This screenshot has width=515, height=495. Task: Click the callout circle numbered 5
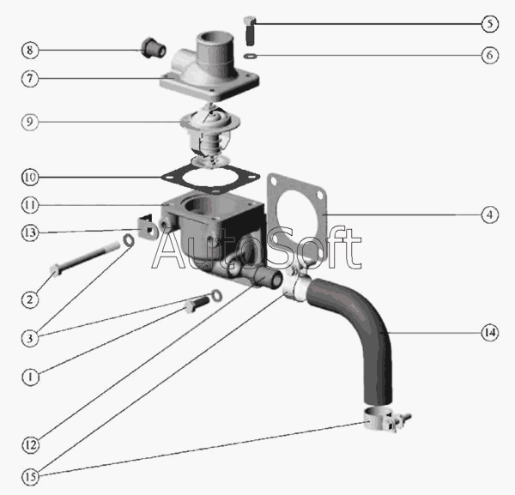tap(488, 22)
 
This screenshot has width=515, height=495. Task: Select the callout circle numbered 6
tap(488, 56)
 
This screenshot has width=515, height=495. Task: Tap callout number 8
tap(30, 50)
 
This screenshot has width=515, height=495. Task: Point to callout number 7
tap(30, 78)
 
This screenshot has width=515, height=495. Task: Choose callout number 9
tap(30, 123)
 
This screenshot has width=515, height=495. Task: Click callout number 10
tap(30, 178)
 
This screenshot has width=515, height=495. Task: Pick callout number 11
tap(30, 205)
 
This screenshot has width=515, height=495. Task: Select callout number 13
tap(30, 232)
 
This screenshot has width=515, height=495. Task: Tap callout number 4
tap(488, 214)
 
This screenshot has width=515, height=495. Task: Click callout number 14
tap(488, 331)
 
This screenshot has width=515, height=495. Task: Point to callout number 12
tap(30, 445)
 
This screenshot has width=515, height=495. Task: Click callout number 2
tap(30, 299)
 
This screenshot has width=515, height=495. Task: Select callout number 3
tap(30, 338)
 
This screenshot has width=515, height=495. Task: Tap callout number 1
tap(30, 376)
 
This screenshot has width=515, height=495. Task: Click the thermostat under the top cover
tap(209, 136)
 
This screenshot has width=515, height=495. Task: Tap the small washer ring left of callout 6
tap(249, 57)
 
